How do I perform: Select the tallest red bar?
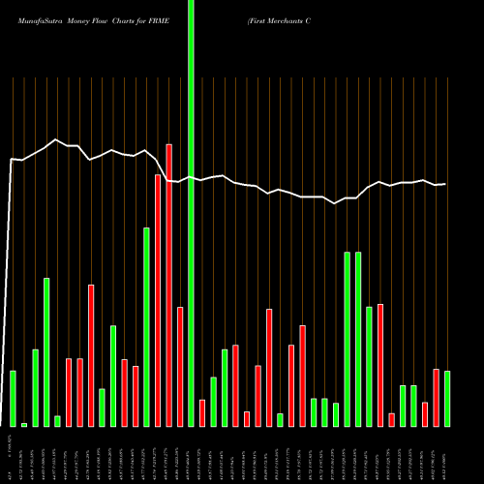(169, 285)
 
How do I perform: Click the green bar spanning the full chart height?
(191, 213)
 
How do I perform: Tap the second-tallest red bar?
(158, 300)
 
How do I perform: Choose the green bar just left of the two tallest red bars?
(147, 326)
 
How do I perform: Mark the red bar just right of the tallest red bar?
(180, 366)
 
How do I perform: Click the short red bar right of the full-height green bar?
(202, 412)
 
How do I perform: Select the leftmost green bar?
(13, 398)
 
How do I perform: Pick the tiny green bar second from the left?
(24, 424)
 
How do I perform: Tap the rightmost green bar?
(447, 398)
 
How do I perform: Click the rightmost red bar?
(436, 397)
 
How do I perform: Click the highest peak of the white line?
(57, 140)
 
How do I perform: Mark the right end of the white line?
(446, 184)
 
